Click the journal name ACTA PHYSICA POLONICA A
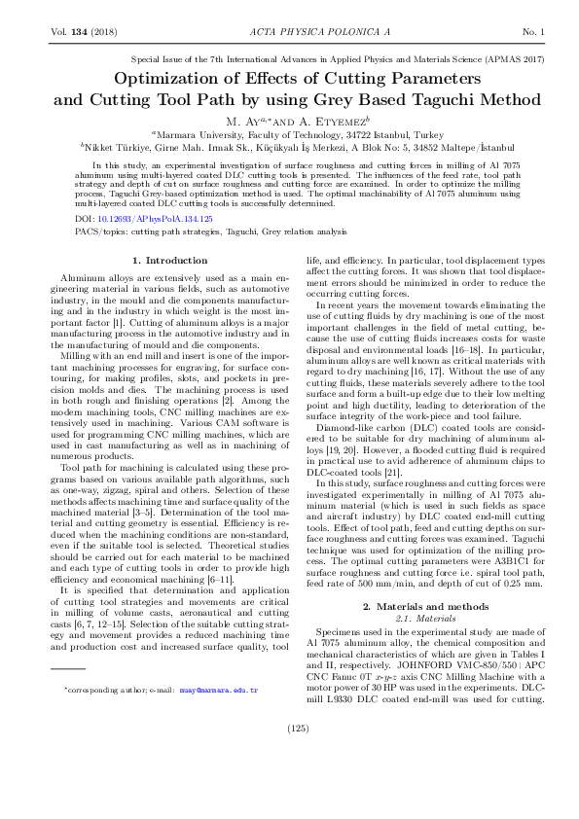[289, 34]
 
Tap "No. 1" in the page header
[533, 34]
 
